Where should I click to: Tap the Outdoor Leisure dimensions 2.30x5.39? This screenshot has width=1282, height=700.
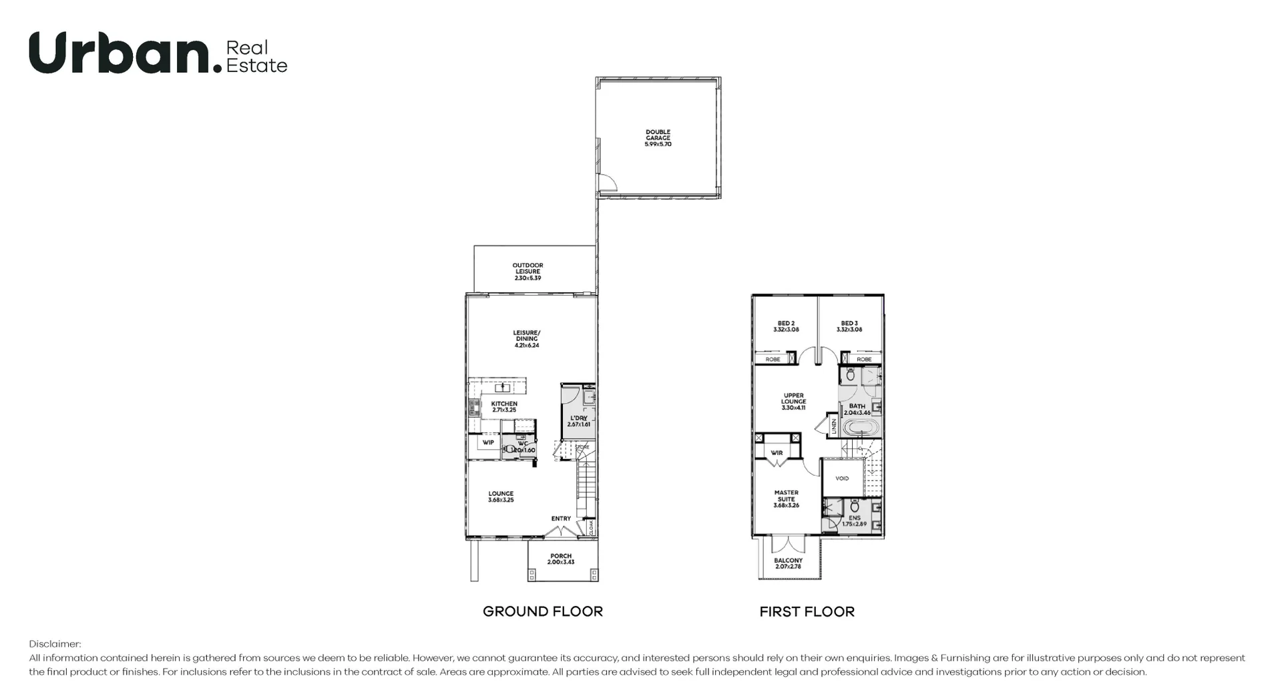coord(527,278)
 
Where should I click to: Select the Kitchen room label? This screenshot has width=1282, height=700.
coord(504,404)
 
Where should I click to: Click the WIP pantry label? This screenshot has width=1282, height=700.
coord(488,442)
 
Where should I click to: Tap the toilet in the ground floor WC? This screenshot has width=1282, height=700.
coord(509,449)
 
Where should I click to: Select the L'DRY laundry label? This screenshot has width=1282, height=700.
coord(578,418)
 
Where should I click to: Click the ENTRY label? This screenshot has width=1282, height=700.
coord(561,518)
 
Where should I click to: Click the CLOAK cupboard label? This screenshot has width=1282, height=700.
coord(592,527)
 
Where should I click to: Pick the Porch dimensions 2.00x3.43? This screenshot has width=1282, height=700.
coord(561,562)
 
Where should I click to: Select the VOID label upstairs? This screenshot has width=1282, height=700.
coord(842,478)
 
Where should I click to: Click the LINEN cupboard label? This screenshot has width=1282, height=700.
coord(834,426)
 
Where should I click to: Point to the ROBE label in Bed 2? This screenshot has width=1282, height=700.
coord(773,359)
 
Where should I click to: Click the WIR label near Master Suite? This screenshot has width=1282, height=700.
coord(777,453)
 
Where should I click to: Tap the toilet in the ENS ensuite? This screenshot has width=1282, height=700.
coord(855,506)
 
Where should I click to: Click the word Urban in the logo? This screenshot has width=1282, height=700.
coord(120,53)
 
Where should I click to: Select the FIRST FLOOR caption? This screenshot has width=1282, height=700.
coord(807,612)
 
